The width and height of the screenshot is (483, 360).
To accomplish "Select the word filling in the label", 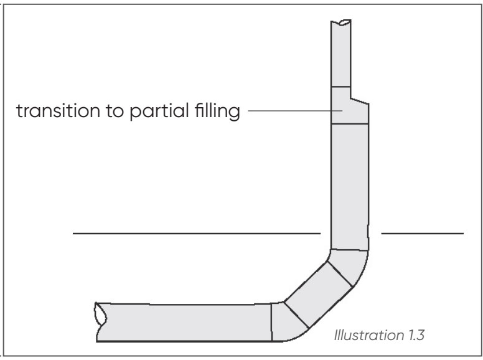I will [209, 114].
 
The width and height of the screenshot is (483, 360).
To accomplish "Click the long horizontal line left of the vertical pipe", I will [196, 234].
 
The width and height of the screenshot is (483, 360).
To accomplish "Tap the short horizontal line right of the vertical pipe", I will [422, 234].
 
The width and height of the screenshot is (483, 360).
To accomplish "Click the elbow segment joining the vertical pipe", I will [349, 265].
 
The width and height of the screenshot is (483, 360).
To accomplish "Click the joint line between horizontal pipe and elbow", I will [272, 322].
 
